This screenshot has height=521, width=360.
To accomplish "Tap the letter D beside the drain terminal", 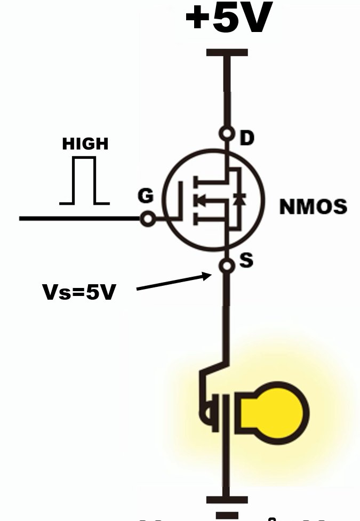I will pos(247,138).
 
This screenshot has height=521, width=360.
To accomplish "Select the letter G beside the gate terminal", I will pos(145,196).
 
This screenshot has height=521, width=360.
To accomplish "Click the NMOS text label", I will pos(313,206).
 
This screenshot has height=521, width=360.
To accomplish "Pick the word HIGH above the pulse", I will pos(85,144).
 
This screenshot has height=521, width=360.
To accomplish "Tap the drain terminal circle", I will pos(228,134).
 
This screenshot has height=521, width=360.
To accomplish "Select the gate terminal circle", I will pos(148,219).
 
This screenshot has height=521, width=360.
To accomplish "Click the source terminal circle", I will pos(228,265).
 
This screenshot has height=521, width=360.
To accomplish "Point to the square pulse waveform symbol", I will pos(85,181).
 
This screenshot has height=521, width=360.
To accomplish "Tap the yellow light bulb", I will pos(273,412).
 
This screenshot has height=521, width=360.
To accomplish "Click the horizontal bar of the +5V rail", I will pos(227,53).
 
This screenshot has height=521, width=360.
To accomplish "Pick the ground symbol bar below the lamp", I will pos(227,500).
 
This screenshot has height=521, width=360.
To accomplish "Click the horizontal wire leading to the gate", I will pos(80,219).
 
